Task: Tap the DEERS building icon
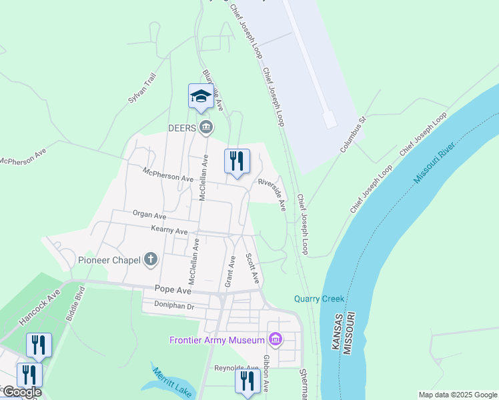(206, 126)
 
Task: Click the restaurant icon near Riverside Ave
(237, 162)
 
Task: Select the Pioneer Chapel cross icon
(151, 259)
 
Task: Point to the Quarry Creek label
(319, 298)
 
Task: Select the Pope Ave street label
(173, 289)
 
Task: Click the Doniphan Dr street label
(173, 307)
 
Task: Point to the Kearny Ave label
(169, 231)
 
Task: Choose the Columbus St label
(354, 135)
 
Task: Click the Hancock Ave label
(39, 307)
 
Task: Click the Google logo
(22, 393)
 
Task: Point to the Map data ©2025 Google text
(457, 395)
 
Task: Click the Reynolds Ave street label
(236, 368)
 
